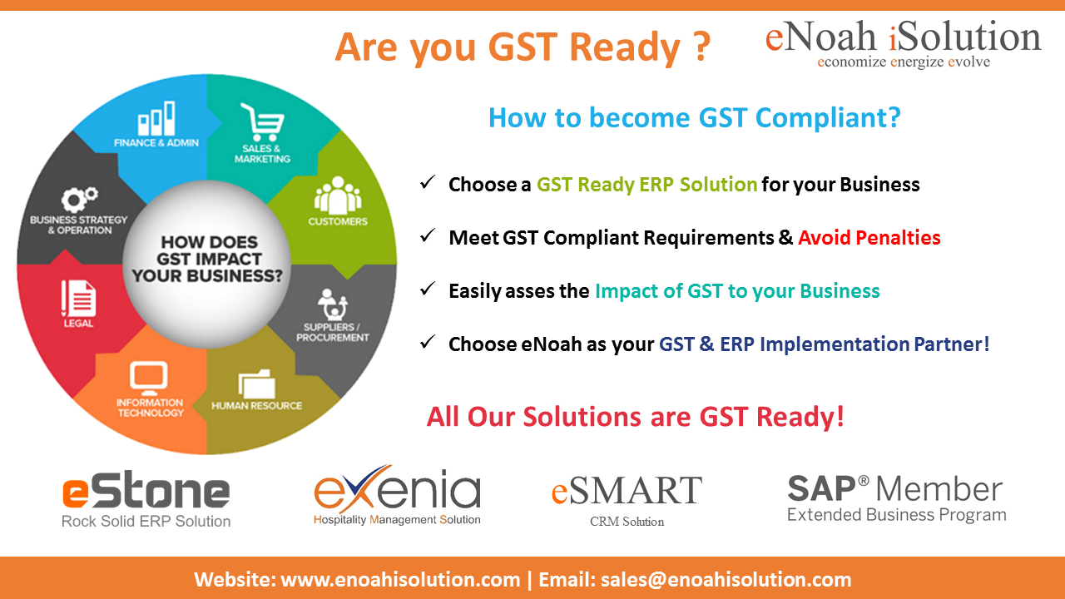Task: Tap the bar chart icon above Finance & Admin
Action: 156,118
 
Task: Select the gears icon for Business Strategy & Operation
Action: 79,199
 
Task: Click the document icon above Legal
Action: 78,298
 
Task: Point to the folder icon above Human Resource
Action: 257,384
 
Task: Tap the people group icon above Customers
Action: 338,196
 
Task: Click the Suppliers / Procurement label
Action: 332,332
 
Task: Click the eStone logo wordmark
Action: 146,490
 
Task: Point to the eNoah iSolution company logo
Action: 903,44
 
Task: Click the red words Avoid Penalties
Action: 869,237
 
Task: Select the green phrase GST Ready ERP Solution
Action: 646,185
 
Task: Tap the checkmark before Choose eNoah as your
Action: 428,342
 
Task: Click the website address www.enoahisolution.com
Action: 400,580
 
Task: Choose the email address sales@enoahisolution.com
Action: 726,580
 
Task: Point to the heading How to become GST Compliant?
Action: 695,118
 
